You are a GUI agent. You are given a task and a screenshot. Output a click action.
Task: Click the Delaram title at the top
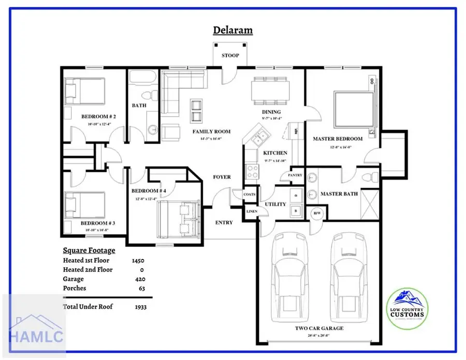(233, 30)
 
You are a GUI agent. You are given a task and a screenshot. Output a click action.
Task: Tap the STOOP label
(230, 55)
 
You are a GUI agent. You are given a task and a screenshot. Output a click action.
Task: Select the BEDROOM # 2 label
(98, 117)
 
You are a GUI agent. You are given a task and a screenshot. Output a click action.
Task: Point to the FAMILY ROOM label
(211, 132)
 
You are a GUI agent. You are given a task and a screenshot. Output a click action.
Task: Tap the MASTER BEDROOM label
(337, 139)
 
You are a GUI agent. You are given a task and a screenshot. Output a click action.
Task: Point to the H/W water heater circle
(316, 213)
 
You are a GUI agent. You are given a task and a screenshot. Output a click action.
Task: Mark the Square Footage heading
(89, 250)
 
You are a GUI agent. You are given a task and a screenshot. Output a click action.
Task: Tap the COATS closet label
(250, 194)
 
